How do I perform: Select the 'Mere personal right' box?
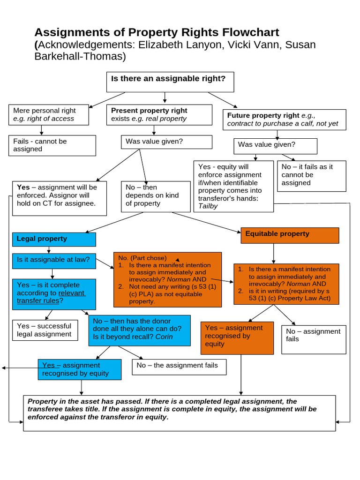[x=49, y=114]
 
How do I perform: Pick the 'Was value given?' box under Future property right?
[x=275, y=146]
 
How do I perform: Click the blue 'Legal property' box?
[x=54, y=239]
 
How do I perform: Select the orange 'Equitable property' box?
[x=290, y=235]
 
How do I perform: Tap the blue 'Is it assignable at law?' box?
[x=54, y=260]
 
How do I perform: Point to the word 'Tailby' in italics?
[x=208, y=206]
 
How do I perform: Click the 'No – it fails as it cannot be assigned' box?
[x=311, y=175]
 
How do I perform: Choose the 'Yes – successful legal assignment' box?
[x=45, y=330]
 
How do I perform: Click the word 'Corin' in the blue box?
[x=164, y=337]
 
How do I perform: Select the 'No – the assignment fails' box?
[x=179, y=366]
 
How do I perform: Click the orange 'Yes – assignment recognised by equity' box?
[x=237, y=337]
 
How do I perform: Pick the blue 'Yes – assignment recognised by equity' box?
[x=79, y=369]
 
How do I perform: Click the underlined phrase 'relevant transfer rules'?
[x=52, y=297]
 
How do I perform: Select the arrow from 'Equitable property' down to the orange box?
[x=273, y=254]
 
